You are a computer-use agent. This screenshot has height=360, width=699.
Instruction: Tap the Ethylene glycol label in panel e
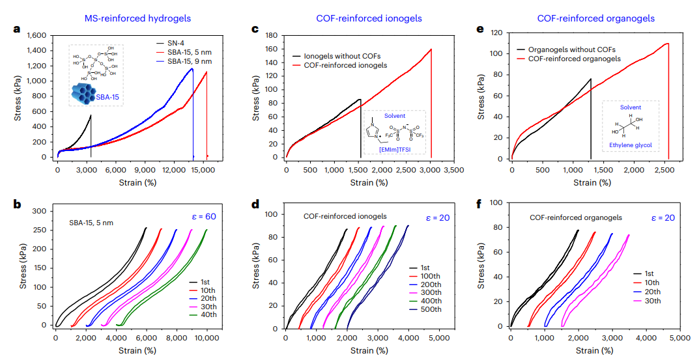tap(629, 145)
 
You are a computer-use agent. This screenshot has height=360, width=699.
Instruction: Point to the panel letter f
tap(480, 204)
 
